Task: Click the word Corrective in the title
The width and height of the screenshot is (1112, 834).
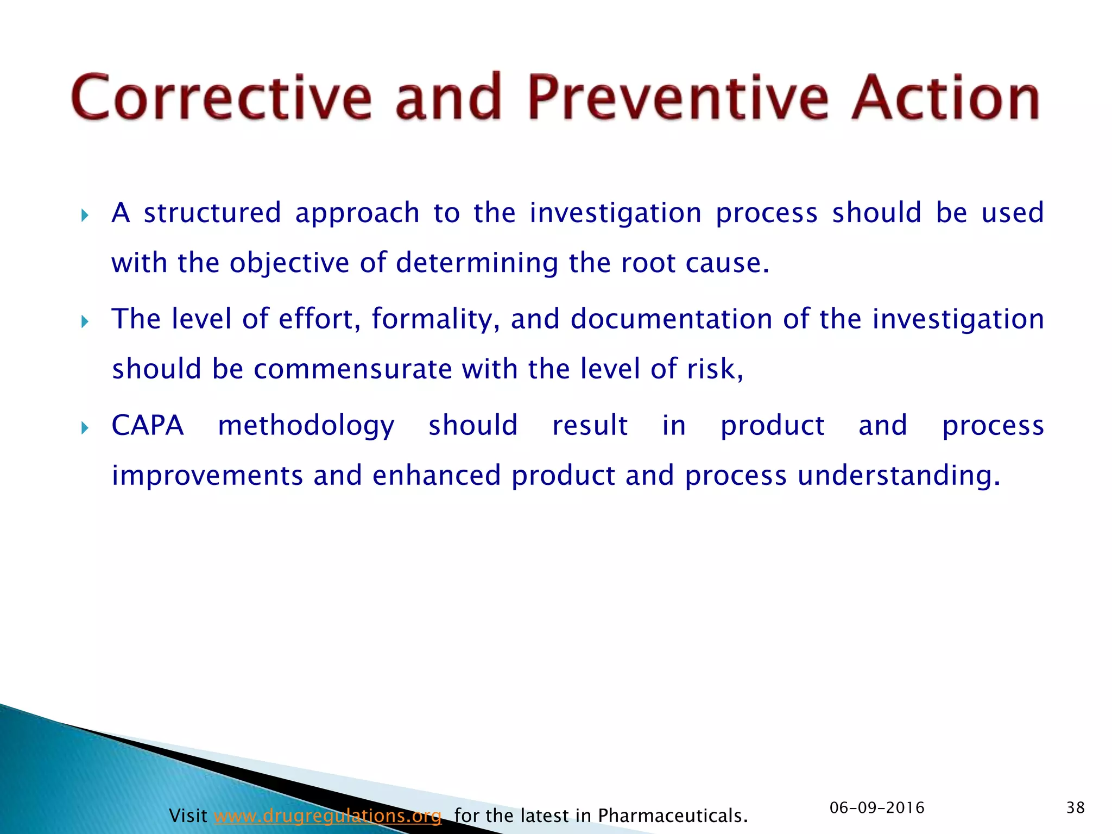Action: (221, 98)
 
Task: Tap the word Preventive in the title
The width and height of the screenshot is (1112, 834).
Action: (678, 98)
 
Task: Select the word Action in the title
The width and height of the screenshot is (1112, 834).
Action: (945, 98)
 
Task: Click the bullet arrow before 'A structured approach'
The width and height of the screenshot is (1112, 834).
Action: (85, 216)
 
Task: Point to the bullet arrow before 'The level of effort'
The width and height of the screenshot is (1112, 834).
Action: (85, 322)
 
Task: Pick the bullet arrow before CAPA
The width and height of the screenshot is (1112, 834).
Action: (85, 428)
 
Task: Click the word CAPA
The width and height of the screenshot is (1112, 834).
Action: (148, 425)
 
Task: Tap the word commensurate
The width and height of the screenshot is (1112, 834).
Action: (353, 369)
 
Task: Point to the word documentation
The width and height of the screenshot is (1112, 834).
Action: (671, 319)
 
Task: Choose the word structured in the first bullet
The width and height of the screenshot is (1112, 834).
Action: (212, 212)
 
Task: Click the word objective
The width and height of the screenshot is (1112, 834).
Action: (289, 264)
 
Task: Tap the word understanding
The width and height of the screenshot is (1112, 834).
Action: (898, 476)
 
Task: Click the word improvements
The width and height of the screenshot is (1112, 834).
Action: (207, 476)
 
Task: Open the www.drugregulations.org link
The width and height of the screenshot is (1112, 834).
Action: (327, 816)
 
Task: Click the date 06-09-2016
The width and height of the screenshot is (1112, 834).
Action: (877, 807)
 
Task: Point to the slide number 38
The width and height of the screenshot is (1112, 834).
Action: (1075, 807)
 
